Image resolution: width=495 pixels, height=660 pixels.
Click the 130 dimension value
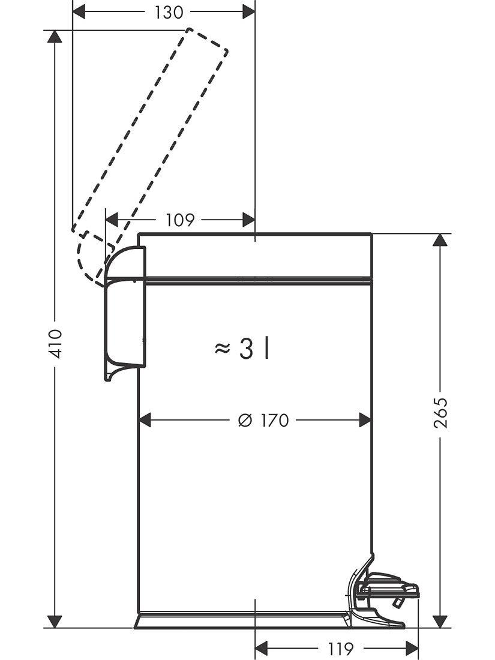[169, 13]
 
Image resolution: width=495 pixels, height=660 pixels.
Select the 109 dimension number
[180, 220]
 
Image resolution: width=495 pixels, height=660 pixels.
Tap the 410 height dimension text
[55, 343]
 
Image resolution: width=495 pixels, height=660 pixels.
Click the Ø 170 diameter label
[263, 421]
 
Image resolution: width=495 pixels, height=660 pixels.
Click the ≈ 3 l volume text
[241, 349]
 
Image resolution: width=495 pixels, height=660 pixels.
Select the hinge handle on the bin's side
[125, 312]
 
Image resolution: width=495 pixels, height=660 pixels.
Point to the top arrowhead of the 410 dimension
[55, 36]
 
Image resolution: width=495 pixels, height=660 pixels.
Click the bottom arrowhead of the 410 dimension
[55, 621]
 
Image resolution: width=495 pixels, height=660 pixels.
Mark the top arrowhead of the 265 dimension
[441, 240]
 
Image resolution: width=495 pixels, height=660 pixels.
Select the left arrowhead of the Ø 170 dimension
[146, 421]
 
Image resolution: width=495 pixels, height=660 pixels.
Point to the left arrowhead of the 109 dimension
[113, 220]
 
